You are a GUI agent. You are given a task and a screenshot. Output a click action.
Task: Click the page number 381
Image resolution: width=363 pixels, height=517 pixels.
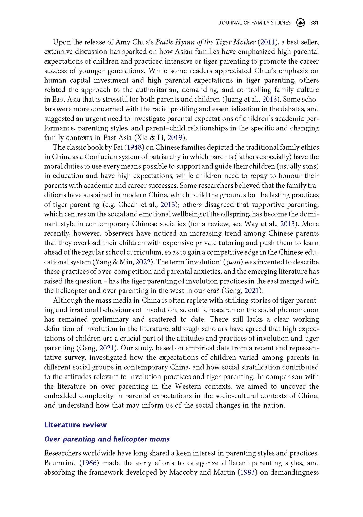(314, 23)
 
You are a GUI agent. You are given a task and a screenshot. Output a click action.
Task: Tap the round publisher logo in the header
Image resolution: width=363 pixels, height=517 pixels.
(300, 23)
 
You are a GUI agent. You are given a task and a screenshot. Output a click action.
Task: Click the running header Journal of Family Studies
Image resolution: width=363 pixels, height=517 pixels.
(255, 23)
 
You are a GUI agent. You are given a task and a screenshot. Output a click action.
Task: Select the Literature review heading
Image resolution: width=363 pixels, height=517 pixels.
(75, 425)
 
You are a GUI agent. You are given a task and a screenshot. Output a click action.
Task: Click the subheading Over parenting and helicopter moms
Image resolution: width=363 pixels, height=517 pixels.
(107, 439)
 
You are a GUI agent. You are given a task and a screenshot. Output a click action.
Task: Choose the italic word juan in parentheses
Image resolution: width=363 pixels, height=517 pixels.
(234, 262)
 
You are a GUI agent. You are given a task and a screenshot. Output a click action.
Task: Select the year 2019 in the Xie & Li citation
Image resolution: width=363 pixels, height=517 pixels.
(175, 137)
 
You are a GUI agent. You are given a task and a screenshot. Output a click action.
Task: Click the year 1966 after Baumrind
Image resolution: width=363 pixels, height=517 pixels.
(89, 463)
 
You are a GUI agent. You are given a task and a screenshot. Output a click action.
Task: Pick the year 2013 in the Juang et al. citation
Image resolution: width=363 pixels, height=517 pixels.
(270, 99)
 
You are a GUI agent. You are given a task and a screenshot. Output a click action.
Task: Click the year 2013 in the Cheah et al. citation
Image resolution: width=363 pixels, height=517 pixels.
(168, 204)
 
